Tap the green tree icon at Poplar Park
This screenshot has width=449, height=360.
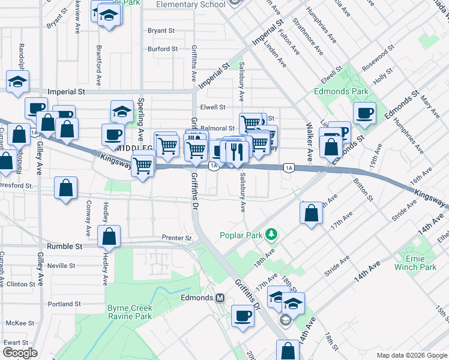272,233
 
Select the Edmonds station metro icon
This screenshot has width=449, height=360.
220,298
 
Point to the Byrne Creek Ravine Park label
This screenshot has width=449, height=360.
130,312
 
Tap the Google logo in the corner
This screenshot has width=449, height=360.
20,352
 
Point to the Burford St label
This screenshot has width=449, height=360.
163,49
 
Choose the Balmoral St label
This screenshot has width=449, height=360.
217,128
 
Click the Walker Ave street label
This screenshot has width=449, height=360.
309,142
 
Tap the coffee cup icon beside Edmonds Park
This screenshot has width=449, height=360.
364,113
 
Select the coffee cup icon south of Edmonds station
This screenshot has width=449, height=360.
243,316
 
